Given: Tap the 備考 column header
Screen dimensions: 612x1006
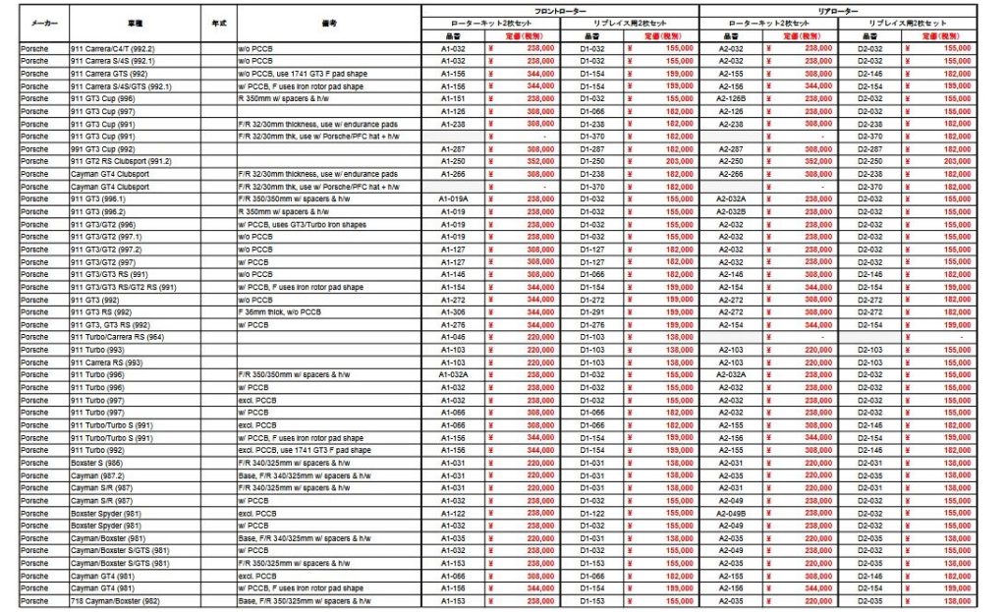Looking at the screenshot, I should tap(329, 21).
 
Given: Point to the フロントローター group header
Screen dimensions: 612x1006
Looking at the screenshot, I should tap(560, 9).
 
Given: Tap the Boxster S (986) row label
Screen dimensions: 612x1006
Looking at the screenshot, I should tap(97, 463).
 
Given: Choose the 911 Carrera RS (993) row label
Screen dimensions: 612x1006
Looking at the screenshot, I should tap(105, 362).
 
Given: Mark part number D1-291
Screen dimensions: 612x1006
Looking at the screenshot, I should tap(592, 311).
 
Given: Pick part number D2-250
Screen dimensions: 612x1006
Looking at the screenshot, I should tap(870, 160).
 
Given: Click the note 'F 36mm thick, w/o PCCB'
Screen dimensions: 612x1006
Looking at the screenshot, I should tap(281, 311).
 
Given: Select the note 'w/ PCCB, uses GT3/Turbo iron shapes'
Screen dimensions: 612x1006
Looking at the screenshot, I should tap(300, 223).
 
